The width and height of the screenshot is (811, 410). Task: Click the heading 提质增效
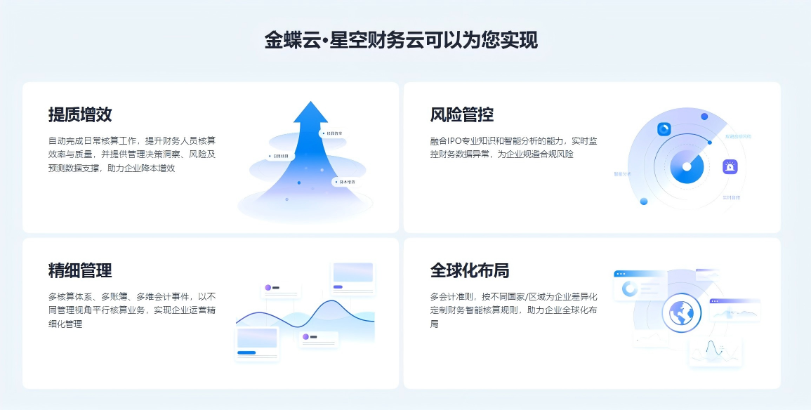(80, 114)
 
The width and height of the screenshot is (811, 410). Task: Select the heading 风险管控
(461, 114)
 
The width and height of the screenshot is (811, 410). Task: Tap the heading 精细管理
(80, 270)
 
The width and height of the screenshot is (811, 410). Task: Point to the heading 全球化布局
(470, 270)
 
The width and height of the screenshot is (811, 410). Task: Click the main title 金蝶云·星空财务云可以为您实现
(401, 40)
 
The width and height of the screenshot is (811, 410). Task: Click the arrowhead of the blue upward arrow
(310, 113)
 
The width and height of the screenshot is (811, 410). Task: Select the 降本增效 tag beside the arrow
(344, 183)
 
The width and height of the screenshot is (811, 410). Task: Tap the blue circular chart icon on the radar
(664, 129)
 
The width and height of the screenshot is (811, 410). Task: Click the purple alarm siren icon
(731, 167)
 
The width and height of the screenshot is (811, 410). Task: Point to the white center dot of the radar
(687, 168)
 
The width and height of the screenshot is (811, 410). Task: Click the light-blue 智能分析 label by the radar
(623, 173)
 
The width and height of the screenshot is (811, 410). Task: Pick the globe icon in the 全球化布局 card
(680, 312)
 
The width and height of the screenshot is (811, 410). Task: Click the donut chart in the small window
(630, 289)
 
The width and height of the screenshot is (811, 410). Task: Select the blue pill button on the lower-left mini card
(246, 352)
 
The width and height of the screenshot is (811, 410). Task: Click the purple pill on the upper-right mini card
(338, 286)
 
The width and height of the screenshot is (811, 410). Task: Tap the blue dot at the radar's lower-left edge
(644, 201)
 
